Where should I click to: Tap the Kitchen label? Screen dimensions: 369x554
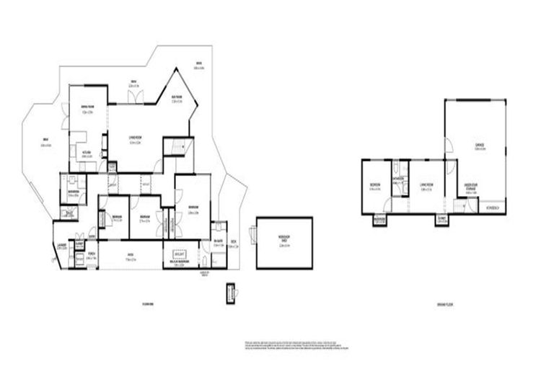[x=86, y=154]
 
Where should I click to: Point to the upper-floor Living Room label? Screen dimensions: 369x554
[x=134, y=142]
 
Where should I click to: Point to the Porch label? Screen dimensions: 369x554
[x=92, y=254]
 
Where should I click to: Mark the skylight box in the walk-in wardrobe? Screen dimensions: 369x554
[x=179, y=254]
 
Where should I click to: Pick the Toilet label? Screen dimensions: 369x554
[x=69, y=213]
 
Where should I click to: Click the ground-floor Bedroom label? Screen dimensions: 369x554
[x=375, y=186]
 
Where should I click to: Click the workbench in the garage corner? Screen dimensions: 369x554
[x=493, y=208]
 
